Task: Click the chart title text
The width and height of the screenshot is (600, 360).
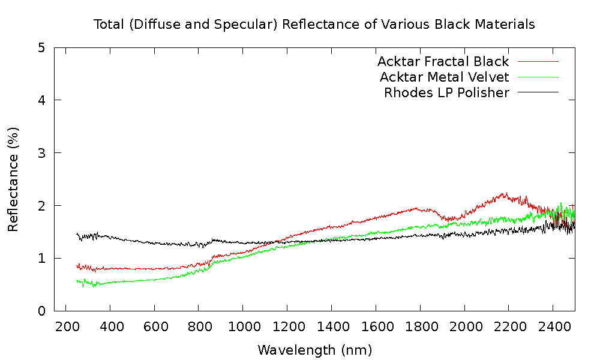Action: (314, 25)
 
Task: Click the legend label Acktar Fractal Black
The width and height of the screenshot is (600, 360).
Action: (443, 61)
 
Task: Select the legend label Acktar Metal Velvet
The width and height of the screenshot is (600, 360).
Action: (444, 77)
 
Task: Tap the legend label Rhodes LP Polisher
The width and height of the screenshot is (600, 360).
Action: (446, 92)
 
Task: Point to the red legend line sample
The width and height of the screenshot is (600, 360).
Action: (538, 61)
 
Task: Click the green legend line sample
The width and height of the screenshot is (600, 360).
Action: (538, 77)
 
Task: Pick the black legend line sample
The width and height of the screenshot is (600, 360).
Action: (538, 92)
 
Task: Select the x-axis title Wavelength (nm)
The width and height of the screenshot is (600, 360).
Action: (314, 350)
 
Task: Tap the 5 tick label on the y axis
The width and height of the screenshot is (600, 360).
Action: (41, 47)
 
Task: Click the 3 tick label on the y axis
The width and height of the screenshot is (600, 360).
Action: (41, 152)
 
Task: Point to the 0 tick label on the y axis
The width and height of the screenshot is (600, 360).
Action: (41, 311)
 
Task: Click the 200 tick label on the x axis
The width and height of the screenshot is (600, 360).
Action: (66, 326)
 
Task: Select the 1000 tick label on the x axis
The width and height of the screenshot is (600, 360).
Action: (243, 326)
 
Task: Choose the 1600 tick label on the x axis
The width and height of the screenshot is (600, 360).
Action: (376, 326)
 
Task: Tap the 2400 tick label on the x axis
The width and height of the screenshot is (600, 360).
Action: (553, 326)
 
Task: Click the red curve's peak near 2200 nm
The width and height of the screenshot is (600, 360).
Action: (506, 193)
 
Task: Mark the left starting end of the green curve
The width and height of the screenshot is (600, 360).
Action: (77, 281)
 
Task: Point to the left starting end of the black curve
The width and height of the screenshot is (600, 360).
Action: (77, 234)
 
